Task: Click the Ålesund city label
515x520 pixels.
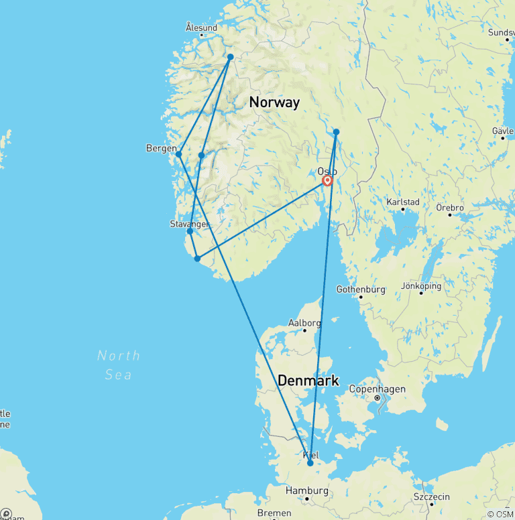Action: pyautogui.click(x=201, y=27)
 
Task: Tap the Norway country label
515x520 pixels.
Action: pyautogui.click(x=274, y=103)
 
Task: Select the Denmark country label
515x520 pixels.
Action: pyautogui.click(x=308, y=381)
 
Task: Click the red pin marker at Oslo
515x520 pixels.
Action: pyautogui.click(x=328, y=180)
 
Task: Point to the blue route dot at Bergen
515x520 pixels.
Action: pyautogui.click(x=179, y=155)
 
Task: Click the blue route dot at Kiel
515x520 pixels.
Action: pyautogui.click(x=310, y=462)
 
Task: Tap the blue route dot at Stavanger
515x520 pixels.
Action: pyautogui.click(x=190, y=231)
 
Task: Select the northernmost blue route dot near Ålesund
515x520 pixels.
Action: pyautogui.click(x=230, y=57)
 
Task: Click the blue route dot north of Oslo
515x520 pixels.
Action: pyautogui.click(x=337, y=132)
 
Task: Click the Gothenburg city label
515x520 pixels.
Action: pyautogui.click(x=361, y=289)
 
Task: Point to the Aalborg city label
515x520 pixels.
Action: pyautogui.click(x=304, y=323)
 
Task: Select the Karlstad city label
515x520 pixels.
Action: pyautogui.click(x=403, y=202)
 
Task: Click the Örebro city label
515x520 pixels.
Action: pyautogui.click(x=449, y=208)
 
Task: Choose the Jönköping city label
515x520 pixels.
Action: pyautogui.click(x=421, y=285)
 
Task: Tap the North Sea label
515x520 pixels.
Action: pyautogui.click(x=119, y=365)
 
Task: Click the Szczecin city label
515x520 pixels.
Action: pyautogui.click(x=431, y=497)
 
